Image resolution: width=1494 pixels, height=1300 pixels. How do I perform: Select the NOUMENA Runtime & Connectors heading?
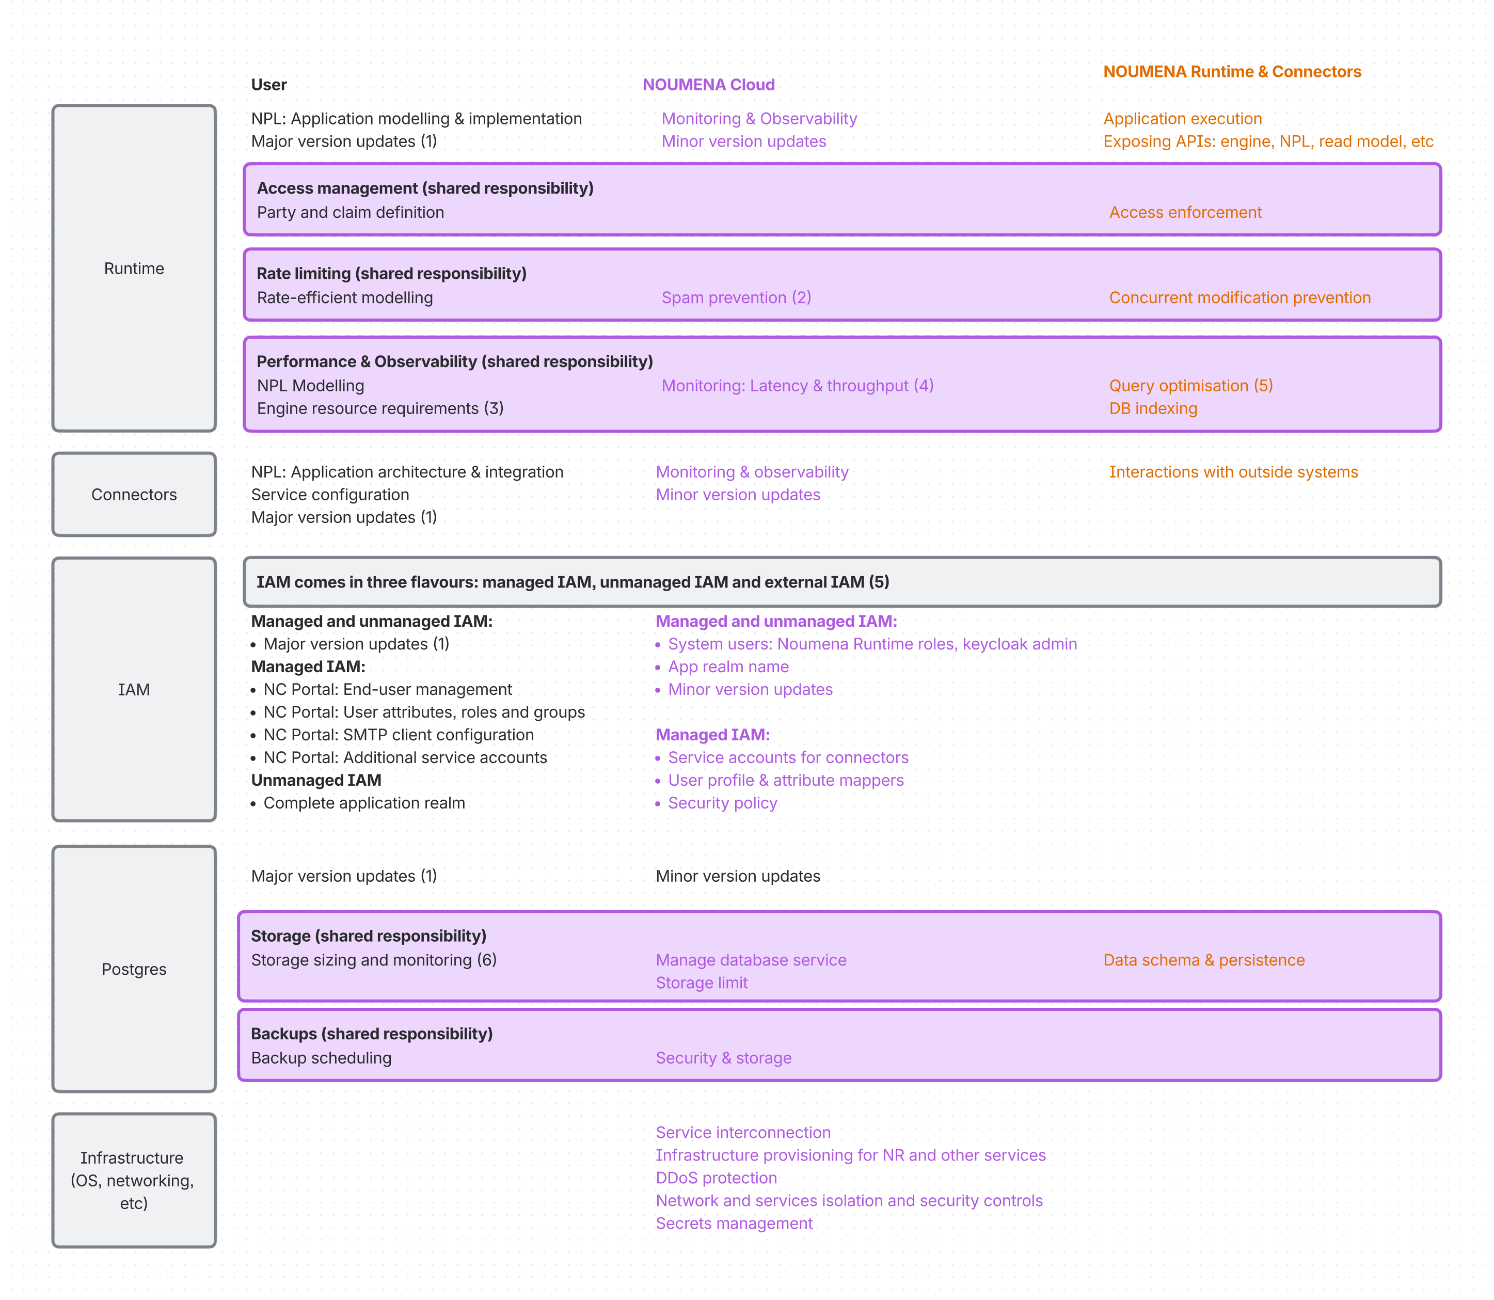coord(1231,72)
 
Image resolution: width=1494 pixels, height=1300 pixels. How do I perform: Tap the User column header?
coord(268,85)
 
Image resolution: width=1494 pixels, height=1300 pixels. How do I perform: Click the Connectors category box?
coord(134,495)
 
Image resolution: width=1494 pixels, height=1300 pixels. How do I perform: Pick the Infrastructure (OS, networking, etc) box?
coord(134,1180)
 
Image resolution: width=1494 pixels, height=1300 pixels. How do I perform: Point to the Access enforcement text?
coord(1185,213)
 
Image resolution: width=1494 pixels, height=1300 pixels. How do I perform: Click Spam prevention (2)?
coord(736,297)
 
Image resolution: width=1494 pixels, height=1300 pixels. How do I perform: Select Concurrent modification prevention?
coord(1239,297)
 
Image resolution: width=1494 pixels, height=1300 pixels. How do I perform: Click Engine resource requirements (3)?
coord(379,408)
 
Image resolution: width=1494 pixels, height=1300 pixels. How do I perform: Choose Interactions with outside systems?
coord(1233,472)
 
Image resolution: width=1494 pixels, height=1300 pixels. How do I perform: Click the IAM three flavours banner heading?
coord(572,582)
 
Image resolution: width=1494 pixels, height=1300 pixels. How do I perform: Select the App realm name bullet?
coord(727,667)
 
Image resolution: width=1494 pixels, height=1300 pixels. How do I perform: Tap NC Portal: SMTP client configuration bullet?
coord(398,735)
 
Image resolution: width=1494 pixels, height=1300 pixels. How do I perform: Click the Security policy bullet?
coord(722,803)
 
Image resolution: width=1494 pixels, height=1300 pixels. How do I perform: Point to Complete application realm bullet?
coord(363,803)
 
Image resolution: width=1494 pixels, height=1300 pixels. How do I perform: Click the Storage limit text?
coord(701,983)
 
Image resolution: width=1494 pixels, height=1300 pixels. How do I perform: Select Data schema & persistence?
coord(1203,960)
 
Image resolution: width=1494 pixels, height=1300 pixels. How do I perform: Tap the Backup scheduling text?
coord(321,1058)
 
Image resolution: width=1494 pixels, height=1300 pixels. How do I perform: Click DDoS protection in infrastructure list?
coord(716,1178)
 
